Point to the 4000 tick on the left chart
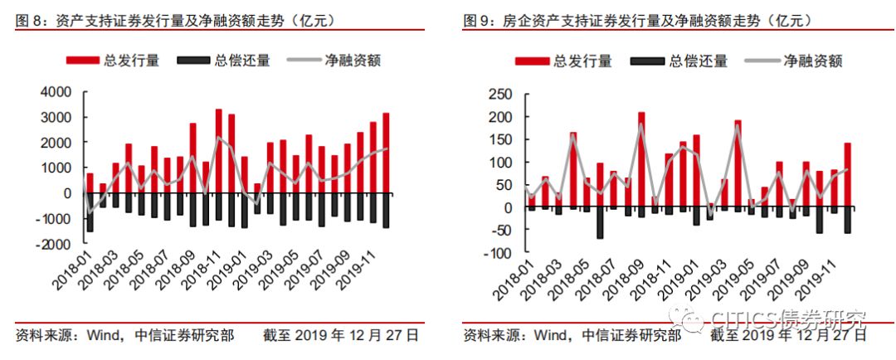[x=56, y=92]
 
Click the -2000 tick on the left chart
[x=53, y=244]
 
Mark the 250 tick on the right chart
[x=499, y=94]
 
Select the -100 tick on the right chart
[x=497, y=253]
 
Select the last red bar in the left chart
[x=386, y=153]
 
